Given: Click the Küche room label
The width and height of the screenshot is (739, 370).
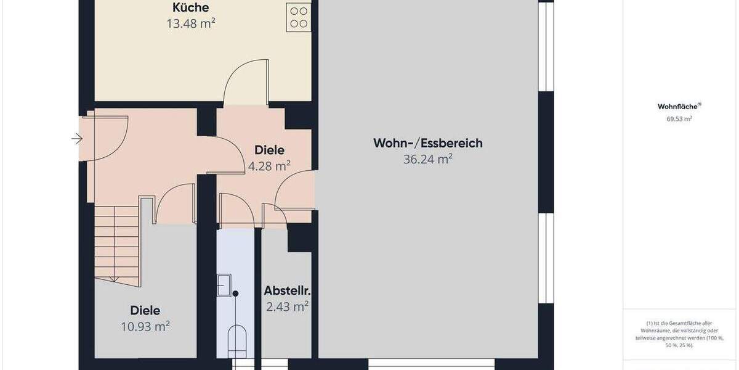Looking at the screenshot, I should click(x=190, y=8).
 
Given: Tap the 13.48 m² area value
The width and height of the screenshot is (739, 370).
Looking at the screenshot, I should click(x=190, y=24).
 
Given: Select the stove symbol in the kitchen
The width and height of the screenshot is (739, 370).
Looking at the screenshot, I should click(x=299, y=17).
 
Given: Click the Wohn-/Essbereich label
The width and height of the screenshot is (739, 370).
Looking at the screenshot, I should click(x=428, y=143).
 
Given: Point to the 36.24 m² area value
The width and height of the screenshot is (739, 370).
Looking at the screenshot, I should click(x=428, y=159).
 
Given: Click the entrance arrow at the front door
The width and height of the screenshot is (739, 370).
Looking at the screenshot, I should click(x=77, y=139).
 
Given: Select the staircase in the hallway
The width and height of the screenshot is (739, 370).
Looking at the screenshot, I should click(x=116, y=244).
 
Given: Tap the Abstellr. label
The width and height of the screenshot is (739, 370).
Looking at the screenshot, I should click(x=286, y=290).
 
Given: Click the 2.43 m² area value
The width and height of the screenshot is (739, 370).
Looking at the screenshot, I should click(x=287, y=306).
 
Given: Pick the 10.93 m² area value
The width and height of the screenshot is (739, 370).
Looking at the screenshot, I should click(x=145, y=326).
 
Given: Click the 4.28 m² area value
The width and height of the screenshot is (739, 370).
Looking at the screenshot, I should click(x=269, y=166).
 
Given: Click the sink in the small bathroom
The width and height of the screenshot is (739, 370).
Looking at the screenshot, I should click(x=224, y=285).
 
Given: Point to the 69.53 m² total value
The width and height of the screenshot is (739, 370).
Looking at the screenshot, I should click(x=679, y=118).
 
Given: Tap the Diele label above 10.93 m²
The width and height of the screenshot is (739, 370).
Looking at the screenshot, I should click(x=145, y=310).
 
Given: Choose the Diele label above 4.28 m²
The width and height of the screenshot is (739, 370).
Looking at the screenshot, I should click(x=269, y=150).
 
